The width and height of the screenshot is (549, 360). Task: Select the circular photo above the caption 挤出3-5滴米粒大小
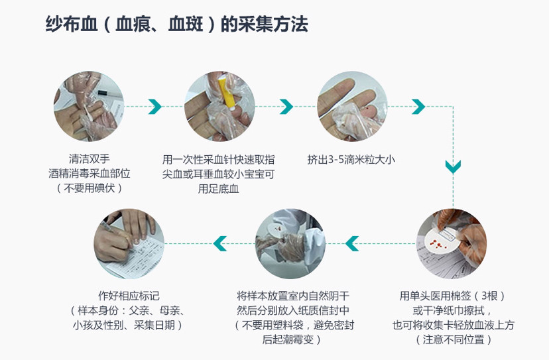coord(351,105)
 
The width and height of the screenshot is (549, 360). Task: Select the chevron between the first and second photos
coord(154,106)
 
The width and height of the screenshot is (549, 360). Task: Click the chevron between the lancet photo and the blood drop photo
coord(286,106)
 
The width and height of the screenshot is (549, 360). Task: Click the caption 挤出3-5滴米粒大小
coord(351,159)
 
